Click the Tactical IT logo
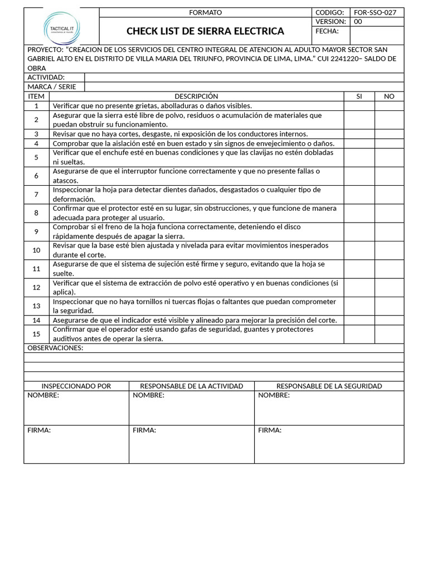click(61, 26)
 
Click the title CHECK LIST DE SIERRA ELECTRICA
click(205, 31)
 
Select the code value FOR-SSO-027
click(375, 12)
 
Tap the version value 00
click(358, 22)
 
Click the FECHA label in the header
click(327, 31)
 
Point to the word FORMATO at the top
click(205, 12)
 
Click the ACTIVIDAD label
click(46, 78)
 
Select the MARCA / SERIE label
click(52, 87)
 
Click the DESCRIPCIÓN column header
click(196, 96)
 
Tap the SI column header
click(359, 96)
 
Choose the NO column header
click(389, 96)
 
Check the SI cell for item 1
click(359, 106)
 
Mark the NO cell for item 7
click(389, 195)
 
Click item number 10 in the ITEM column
click(36, 250)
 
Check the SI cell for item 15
click(359, 334)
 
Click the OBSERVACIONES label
click(55, 348)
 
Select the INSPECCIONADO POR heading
click(76, 386)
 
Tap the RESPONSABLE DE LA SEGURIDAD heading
click(329, 386)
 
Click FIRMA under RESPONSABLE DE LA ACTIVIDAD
click(144, 430)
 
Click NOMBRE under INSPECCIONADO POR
click(43, 395)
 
